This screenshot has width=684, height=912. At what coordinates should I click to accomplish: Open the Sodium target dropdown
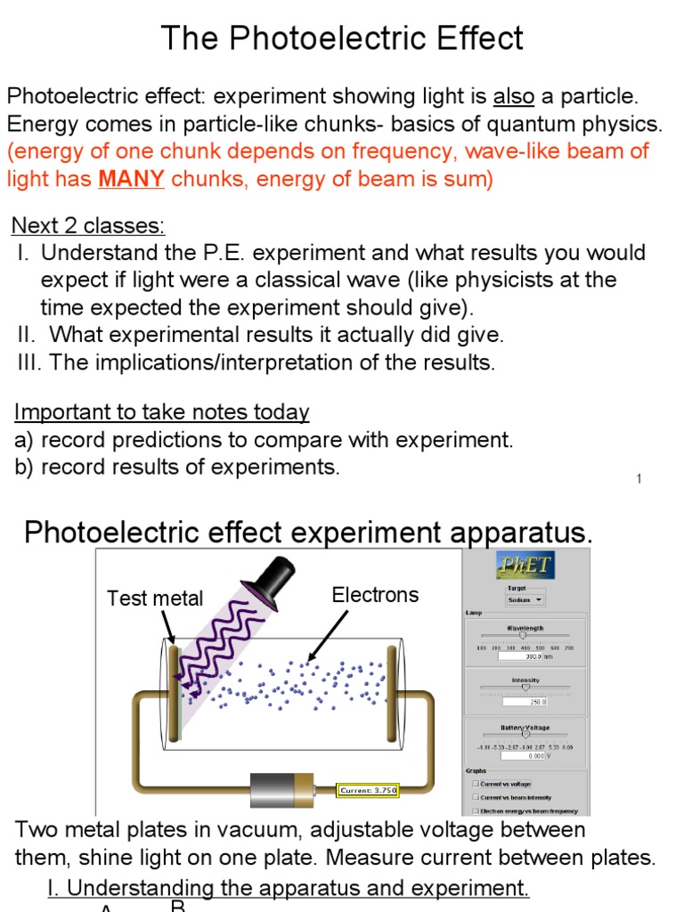(525, 600)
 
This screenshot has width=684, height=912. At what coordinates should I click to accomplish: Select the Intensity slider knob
(525, 688)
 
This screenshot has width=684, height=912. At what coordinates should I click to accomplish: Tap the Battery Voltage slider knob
(525, 736)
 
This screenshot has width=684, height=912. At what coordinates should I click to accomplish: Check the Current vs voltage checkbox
(476, 784)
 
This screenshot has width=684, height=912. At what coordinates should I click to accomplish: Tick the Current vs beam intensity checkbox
(476, 797)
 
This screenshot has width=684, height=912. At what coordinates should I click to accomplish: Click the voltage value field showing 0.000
(522, 755)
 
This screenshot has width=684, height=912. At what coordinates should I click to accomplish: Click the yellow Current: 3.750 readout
(368, 790)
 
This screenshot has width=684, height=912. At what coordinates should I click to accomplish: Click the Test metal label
(155, 598)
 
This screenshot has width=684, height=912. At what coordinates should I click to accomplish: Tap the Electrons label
(375, 595)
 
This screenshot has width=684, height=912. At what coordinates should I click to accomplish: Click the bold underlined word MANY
(131, 179)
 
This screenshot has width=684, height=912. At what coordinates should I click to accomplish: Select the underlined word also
(513, 96)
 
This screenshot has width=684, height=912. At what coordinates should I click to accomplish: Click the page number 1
(639, 479)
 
